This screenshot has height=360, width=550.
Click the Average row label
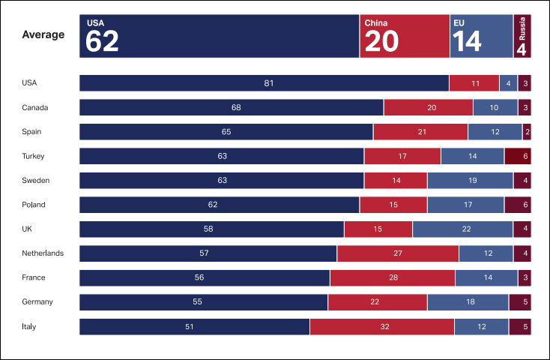[x=43, y=34]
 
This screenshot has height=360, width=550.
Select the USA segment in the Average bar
[x=219, y=36]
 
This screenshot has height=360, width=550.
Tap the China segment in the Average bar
[x=405, y=36]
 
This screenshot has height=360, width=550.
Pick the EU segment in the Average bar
[x=482, y=36]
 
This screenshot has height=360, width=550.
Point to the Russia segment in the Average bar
[x=522, y=36]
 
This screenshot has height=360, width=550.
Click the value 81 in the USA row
[x=268, y=83]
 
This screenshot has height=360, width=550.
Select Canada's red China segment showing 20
[x=432, y=107]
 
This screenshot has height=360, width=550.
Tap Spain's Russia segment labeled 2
[x=527, y=132]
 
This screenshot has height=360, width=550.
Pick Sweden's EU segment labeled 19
[x=471, y=181]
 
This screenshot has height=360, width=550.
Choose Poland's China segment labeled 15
[x=393, y=205]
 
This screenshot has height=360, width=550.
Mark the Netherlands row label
[x=43, y=253]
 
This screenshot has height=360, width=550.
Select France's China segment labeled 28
[x=393, y=277]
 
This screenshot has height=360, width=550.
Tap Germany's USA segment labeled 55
[x=203, y=302]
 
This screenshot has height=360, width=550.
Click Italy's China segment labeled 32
[x=381, y=326]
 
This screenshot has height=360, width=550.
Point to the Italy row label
[x=29, y=326]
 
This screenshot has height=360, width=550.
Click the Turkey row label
[x=34, y=156]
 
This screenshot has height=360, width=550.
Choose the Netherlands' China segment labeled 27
[x=398, y=253]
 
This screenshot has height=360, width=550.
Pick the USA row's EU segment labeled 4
[x=508, y=83]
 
